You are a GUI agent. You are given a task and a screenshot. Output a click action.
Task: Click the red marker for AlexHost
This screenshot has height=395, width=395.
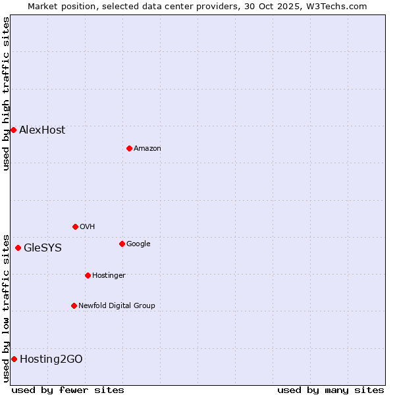[x=13, y=130]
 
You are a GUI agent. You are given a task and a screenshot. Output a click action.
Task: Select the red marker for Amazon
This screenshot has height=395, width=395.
[x=129, y=148]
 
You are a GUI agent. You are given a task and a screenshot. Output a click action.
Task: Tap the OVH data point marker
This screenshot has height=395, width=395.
[x=75, y=226]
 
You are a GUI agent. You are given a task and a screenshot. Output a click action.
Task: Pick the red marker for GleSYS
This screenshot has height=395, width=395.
[x=18, y=248]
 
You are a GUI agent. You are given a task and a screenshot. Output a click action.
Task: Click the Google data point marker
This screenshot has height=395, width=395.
[x=122, y=244]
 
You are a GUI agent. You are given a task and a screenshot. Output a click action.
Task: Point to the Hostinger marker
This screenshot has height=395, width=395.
[x=88, y=275]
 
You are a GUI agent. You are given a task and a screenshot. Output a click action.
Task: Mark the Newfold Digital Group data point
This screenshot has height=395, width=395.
[x=74, y=305]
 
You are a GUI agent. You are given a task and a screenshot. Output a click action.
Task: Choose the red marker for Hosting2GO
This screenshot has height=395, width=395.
[x=14, y=359]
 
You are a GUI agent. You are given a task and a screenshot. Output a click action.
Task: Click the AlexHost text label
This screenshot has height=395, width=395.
[x=42, y=130]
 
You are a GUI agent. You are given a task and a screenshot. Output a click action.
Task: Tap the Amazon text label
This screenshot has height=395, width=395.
[x=147, y=148]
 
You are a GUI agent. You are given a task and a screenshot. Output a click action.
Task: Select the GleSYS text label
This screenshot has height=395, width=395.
[x=43, y=248]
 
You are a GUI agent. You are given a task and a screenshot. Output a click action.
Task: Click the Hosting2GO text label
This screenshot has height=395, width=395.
[x=51, y=359]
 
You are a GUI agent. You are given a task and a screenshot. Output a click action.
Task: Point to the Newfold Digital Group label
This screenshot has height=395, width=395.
[x=117, y=305]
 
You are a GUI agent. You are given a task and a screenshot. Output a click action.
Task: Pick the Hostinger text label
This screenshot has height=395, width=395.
[x=109, y=275]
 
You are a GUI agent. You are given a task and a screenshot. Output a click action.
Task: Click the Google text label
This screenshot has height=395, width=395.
[x=138, y=244]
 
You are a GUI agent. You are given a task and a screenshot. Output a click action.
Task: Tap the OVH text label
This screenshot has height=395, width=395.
[x=87, y=226]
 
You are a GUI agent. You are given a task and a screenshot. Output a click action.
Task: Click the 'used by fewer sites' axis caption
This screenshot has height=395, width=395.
[x=68, y=390]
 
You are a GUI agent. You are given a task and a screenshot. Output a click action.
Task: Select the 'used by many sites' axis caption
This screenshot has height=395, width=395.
[x=330, y=390]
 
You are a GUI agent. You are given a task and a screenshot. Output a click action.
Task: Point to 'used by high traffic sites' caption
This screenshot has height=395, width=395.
[x=6, y=93]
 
